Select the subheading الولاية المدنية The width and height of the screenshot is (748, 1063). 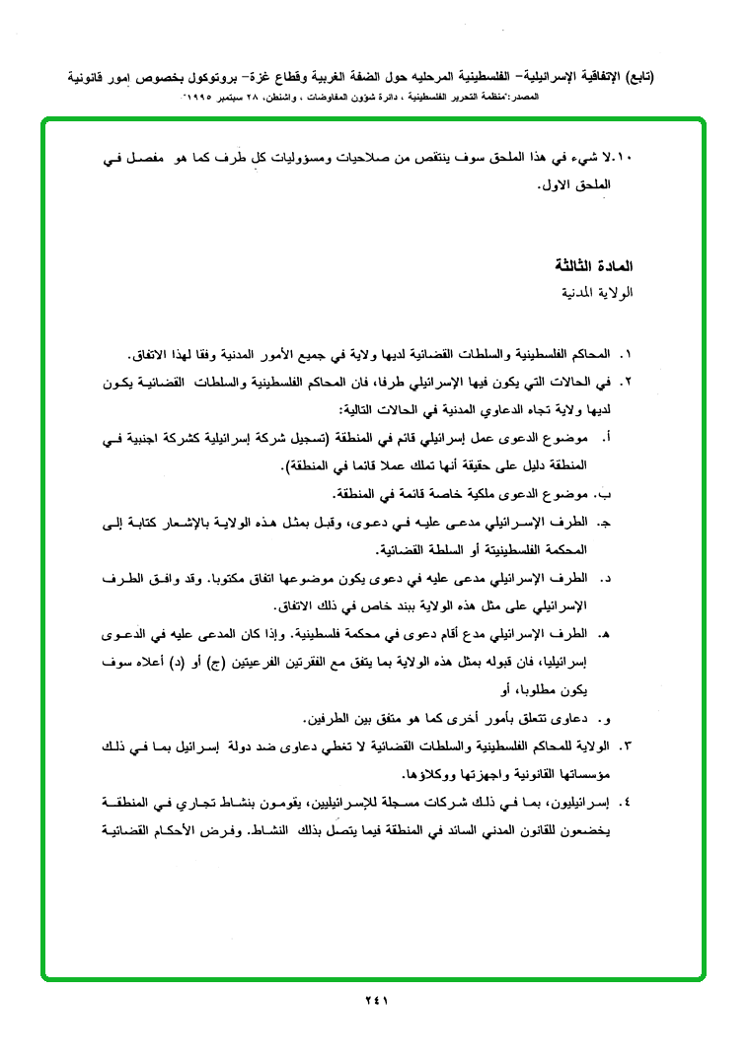tap(596, 294)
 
